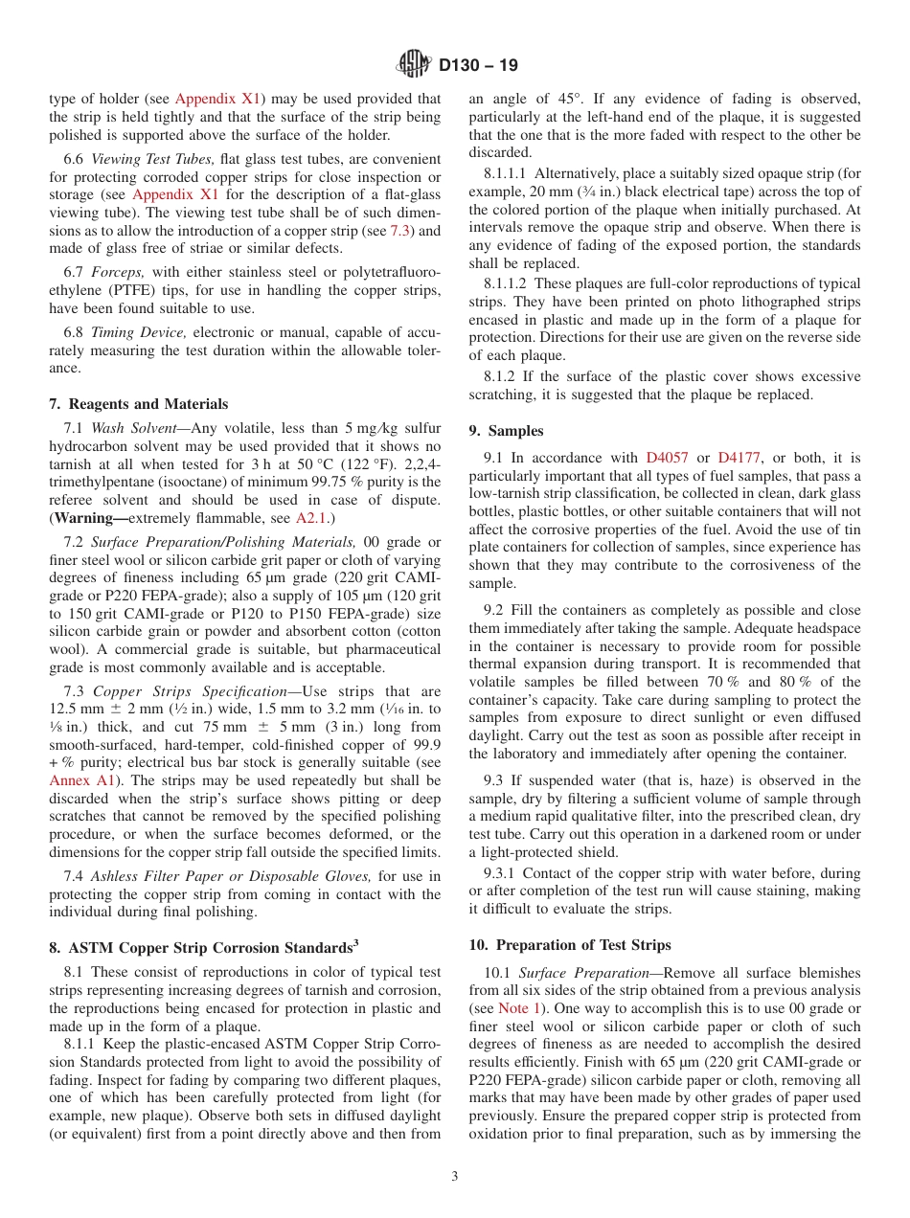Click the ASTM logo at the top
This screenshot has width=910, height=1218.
pos(414,65)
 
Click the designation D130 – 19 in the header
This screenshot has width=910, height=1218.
pos(478,66)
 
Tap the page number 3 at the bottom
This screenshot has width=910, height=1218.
pos(455,1177)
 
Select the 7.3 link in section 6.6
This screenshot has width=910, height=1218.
pos(401,231)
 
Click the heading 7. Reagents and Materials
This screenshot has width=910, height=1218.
pos(139,404)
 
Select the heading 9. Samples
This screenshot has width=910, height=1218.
pos(506,431)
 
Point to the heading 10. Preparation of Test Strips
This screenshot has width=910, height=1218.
pos(570,944)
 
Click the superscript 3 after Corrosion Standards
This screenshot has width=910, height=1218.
pos(355,942)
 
